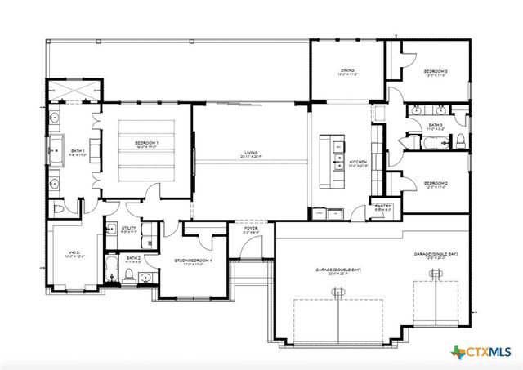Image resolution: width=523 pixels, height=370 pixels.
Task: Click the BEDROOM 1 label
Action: click(146, 144)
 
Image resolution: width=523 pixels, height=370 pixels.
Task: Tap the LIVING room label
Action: click(250, 153)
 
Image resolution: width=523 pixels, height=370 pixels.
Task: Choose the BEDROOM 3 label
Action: click(436, 72)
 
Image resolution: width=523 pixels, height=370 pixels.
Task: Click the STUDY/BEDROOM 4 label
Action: click(194, 261)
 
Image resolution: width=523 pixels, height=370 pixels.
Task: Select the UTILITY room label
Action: click(129, 228)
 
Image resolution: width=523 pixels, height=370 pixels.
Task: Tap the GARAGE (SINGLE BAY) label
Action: click(436, 254)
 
